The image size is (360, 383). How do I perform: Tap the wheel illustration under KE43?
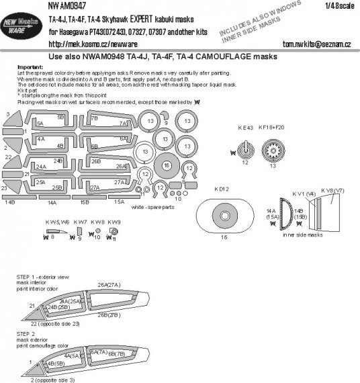coord(245,149)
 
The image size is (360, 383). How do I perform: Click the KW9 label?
coord(114,221)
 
